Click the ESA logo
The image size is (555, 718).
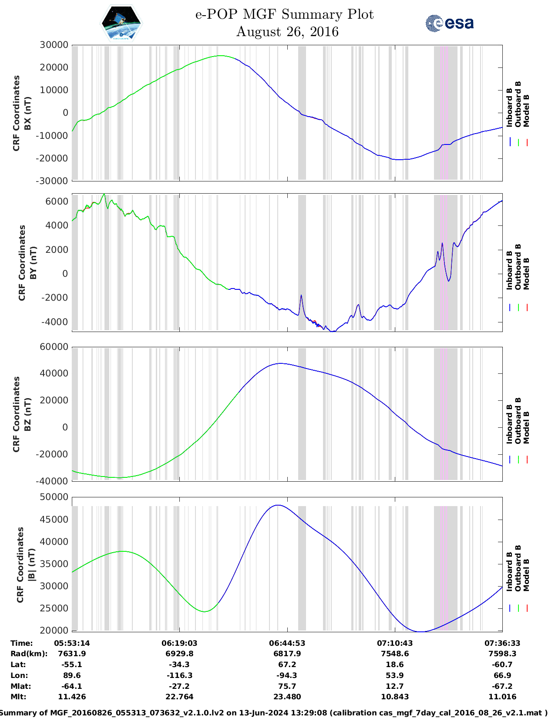[x=450, y=23]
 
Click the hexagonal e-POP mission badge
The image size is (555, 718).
[x=121, y=23]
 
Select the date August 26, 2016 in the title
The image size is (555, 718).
[x=287, y=32]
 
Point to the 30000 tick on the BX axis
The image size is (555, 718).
[x=54, y=45]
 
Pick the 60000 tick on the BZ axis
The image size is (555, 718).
[x=54, y=347]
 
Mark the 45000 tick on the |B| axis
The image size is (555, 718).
[x=54, y=519]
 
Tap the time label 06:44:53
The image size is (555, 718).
[x=287, y=643]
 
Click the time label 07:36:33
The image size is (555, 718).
[x=502, y=643]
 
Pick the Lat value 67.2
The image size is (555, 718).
[x=287, y=664]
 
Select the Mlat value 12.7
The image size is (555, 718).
[x=394, y=686]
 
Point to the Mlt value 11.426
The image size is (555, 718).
[x=72, y=697]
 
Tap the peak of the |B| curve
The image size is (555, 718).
[x=278, y=505]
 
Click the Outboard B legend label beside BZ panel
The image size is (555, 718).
[x=518, y=420]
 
